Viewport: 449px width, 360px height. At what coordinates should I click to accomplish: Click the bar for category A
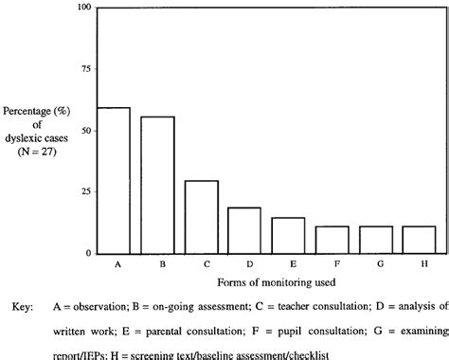tap(114, 180)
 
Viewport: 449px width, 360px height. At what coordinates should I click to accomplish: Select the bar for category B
tap(157, 185)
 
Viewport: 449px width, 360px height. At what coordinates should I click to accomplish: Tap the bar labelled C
tap(201, 217)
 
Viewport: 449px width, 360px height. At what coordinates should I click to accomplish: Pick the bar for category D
tap(244, 230)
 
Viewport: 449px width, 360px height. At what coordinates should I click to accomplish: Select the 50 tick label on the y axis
tap(85, 131)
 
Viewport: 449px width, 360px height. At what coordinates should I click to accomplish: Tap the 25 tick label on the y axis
tap(85, 192)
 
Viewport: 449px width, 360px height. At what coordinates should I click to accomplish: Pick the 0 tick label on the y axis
tap(88, 254)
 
